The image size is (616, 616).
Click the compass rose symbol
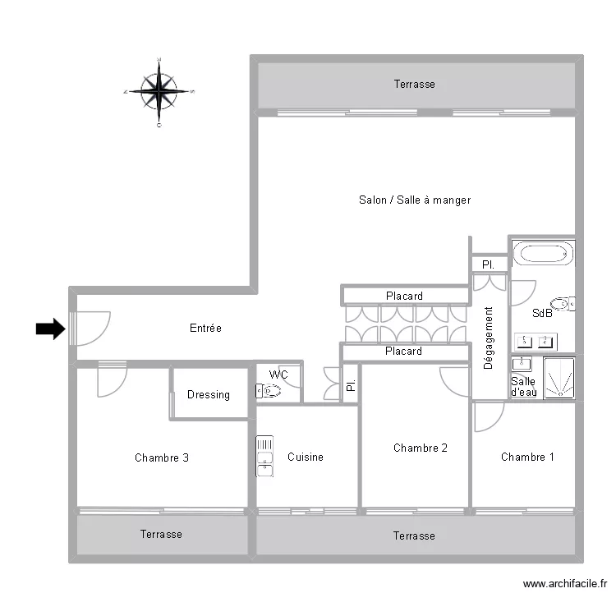(159, 91)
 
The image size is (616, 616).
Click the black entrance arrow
(50, 329)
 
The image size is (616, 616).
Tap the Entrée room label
(205, 329)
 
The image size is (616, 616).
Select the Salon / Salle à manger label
(415, 200)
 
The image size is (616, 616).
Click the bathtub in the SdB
(542, 253)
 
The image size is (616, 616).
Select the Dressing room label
(209, 395)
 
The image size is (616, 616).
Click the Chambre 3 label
(162, 457)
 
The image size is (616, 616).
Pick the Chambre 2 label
(421, 448)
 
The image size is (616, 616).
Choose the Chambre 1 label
(527, 457)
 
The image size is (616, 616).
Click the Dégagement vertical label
(489, 338)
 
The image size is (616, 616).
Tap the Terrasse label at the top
(414, 85)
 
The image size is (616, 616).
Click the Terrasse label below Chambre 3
(161, 535)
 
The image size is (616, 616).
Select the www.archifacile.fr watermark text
(565, 584)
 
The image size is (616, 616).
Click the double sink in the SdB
(536, 341)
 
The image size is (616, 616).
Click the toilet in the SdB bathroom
(563, 304)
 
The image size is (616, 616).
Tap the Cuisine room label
(306, 457)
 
